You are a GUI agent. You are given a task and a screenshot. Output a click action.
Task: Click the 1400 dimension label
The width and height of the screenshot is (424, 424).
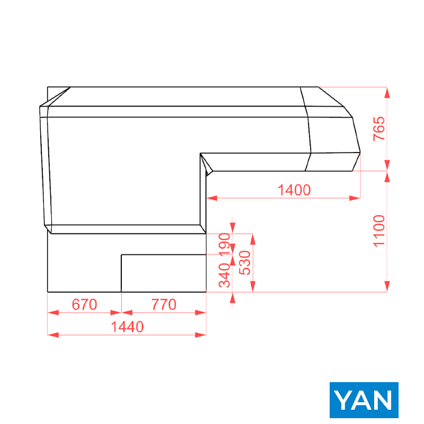pyautogui.click(x=294, y=190)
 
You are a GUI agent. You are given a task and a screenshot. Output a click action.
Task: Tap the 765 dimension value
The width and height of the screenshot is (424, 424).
pyautogui.click(x=379, y=129)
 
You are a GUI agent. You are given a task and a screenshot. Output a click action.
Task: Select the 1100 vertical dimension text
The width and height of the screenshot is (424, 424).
pyautogui.click(x=379, y=231)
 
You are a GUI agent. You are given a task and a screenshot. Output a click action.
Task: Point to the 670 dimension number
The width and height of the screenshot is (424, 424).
pyautogui.click(x=84, y=304)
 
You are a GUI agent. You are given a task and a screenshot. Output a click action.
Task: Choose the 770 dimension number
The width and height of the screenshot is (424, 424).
pyautogui.click(x=164, y=304)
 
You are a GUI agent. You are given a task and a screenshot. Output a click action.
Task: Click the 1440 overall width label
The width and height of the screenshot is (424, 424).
pyautogui.click(x=127, y=326)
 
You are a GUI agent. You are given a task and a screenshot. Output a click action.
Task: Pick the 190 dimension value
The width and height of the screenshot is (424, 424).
pyautogui.click(x=224, y=244)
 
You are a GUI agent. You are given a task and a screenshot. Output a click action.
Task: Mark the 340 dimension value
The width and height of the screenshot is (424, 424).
pyautogui.click(x=224, y=275)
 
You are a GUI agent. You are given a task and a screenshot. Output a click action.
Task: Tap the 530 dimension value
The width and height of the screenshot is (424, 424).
pyautogui.click(x=245, y=263)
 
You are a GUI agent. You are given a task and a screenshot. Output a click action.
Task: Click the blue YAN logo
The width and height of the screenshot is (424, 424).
pyautogui.click(x=364, y=400)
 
